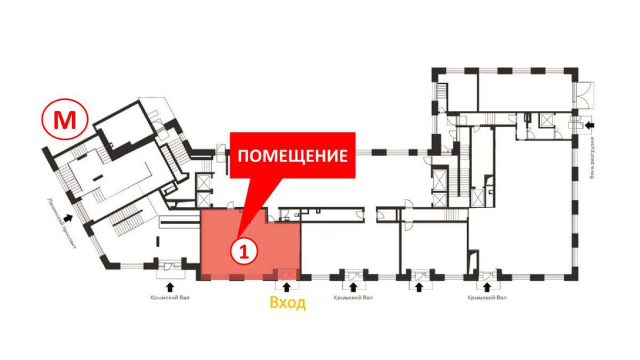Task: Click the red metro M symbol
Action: coord(65,119)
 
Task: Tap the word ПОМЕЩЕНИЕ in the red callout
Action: coord(293,156)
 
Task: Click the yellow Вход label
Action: coord(287,303)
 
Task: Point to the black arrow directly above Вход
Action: coord(286,287)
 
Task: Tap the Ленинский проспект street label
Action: coord(62,223)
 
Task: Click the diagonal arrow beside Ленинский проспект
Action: coord(68,218)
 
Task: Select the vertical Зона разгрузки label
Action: coord(593,158)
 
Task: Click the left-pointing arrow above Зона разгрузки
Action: coord(590,125)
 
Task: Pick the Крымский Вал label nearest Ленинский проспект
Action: coord(170,298)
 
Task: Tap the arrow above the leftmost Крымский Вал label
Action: coord(170,287)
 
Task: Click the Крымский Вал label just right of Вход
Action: coord(353,298)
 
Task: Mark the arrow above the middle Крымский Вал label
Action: coord(354,287)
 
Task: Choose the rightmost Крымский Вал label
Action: coord(487,298)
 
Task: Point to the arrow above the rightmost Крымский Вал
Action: coord(487,287)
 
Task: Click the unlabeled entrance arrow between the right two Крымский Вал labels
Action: coord(419,287)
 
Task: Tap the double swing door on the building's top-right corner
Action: coord(585,95)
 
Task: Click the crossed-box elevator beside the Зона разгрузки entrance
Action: coord(546,120)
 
